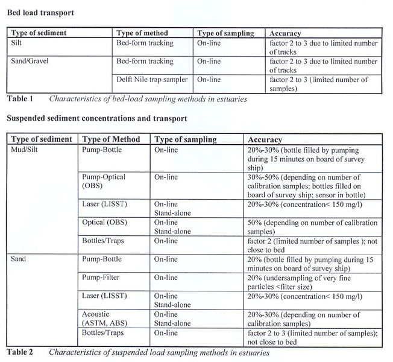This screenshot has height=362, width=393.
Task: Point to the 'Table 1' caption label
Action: (x=21, y=98)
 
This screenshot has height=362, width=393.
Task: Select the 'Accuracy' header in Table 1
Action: (x=286, y=33)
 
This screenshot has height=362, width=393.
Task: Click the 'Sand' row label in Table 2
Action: (x=19, y=259)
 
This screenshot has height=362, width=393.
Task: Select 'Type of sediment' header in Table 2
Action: (x=43, y=139)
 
